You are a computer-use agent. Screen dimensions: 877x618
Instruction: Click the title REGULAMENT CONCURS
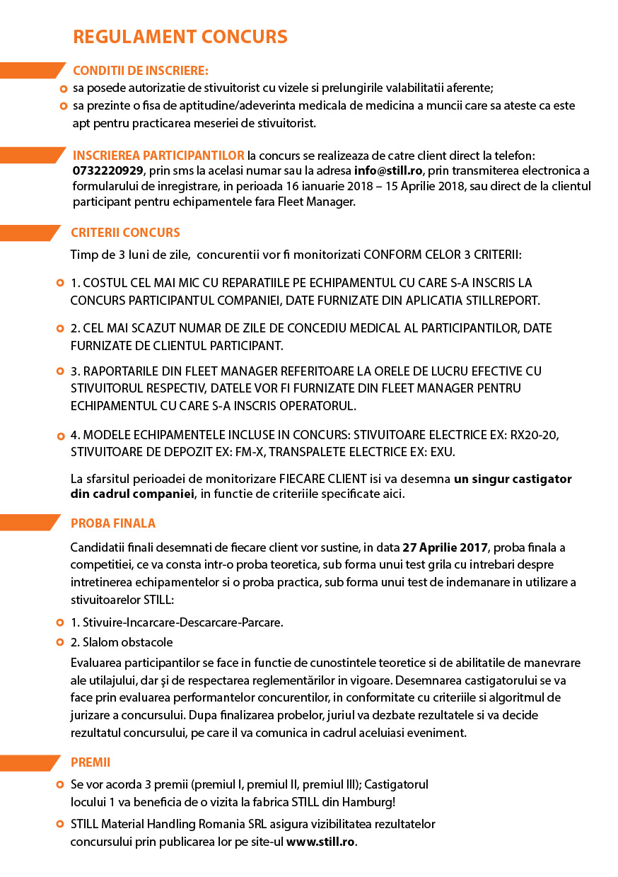(180, 37)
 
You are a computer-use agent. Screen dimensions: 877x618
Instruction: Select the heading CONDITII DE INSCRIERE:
(141, 71)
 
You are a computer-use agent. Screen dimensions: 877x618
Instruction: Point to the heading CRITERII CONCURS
(125, 233)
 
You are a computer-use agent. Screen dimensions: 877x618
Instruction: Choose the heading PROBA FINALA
(113, 523)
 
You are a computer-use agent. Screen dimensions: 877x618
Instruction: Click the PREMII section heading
(91, 762)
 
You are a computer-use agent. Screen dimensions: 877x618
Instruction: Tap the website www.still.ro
(321, 842)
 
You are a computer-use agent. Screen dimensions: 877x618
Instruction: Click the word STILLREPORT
(501, 301)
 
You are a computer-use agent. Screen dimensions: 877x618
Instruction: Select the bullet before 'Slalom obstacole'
(61, 643)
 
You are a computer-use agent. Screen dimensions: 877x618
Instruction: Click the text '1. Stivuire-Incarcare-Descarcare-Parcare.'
(177, 623)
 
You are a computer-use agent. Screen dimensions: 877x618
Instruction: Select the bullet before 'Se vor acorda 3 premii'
(61, 785)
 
